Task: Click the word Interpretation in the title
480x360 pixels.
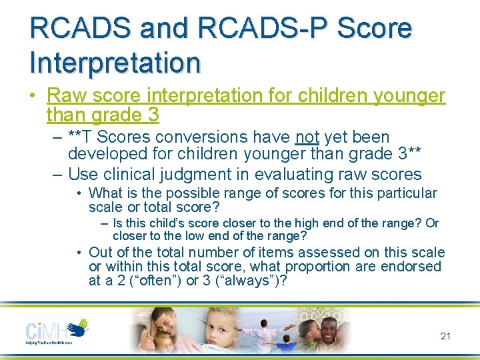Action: click(115, 62)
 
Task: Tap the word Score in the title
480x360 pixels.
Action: click(375, 29)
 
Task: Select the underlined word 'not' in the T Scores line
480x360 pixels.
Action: click(307, 137)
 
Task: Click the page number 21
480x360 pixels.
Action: click(445, 336)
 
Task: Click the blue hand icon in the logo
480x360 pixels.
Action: click(79, 327)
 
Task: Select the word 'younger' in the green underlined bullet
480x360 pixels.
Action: click(403, 96)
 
